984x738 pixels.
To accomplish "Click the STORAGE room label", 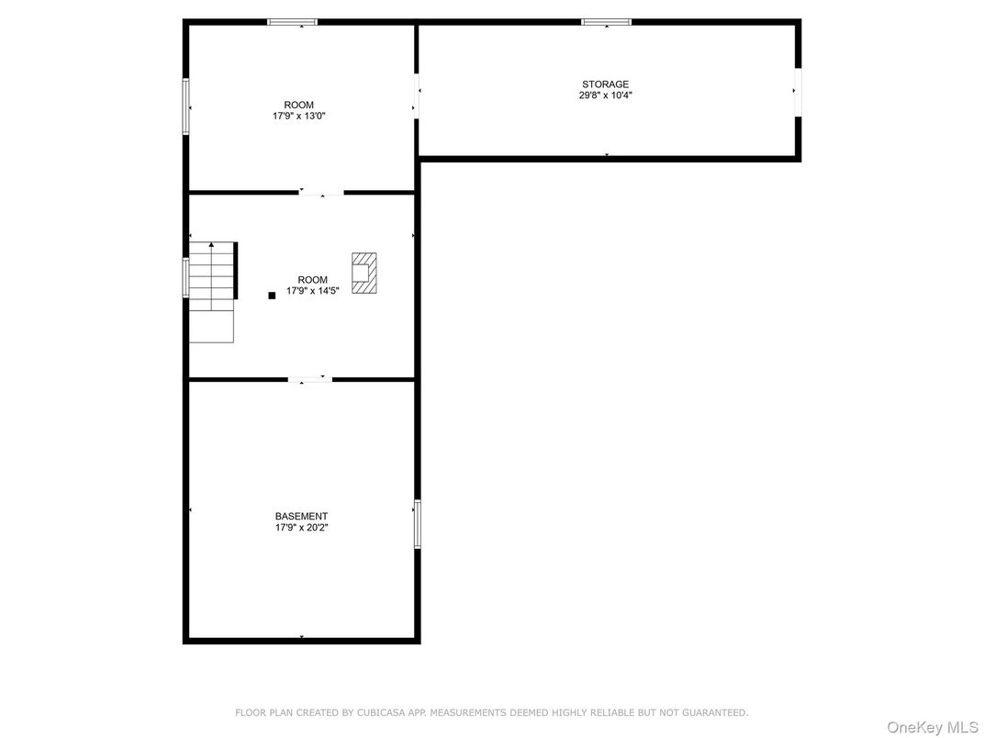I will [x=605, y=84].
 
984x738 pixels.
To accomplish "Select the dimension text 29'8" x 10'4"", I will [x=605, y=95].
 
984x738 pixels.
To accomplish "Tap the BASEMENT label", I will [x=301, y=517].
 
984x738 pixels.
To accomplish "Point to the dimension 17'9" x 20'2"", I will [x=301, y=528].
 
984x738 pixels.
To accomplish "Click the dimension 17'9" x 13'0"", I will [x=299, y=116].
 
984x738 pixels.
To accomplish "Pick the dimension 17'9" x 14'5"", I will [x=312, y=291].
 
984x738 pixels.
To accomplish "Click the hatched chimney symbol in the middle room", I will [x=364, y=273].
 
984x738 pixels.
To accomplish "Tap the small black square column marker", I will [x=272, y=296].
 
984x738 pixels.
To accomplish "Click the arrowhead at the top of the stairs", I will [x=212, y=245].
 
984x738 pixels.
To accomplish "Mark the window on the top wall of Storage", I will [x=607, y=22].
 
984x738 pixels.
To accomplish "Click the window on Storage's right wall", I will [x=798, y=92].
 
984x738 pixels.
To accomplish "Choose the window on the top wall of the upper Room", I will [x=293, y=22].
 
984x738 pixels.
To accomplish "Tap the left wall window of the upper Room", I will [x=186, y=107].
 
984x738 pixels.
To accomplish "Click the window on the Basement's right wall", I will [x=418, y=524].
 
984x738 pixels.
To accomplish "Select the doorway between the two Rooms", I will [x=321, y=193].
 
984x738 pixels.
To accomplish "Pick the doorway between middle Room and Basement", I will [x=310, y=379].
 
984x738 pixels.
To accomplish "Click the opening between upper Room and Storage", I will [x=417, y=96].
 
